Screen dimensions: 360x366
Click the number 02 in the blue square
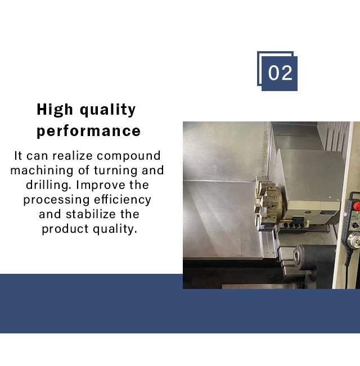(280, 73)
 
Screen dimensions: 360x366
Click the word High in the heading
(55, 110)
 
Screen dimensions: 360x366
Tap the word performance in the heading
(89, 131)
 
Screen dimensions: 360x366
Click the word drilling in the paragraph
(48, 186)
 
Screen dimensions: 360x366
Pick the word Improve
(101, 186)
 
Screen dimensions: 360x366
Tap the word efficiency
(123, 200)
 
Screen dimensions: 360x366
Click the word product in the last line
(65, 229)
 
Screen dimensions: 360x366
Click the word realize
(73, 156)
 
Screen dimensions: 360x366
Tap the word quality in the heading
(107, 110)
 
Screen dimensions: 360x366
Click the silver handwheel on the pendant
(354, 241)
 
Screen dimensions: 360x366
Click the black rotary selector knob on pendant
(355, 225)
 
